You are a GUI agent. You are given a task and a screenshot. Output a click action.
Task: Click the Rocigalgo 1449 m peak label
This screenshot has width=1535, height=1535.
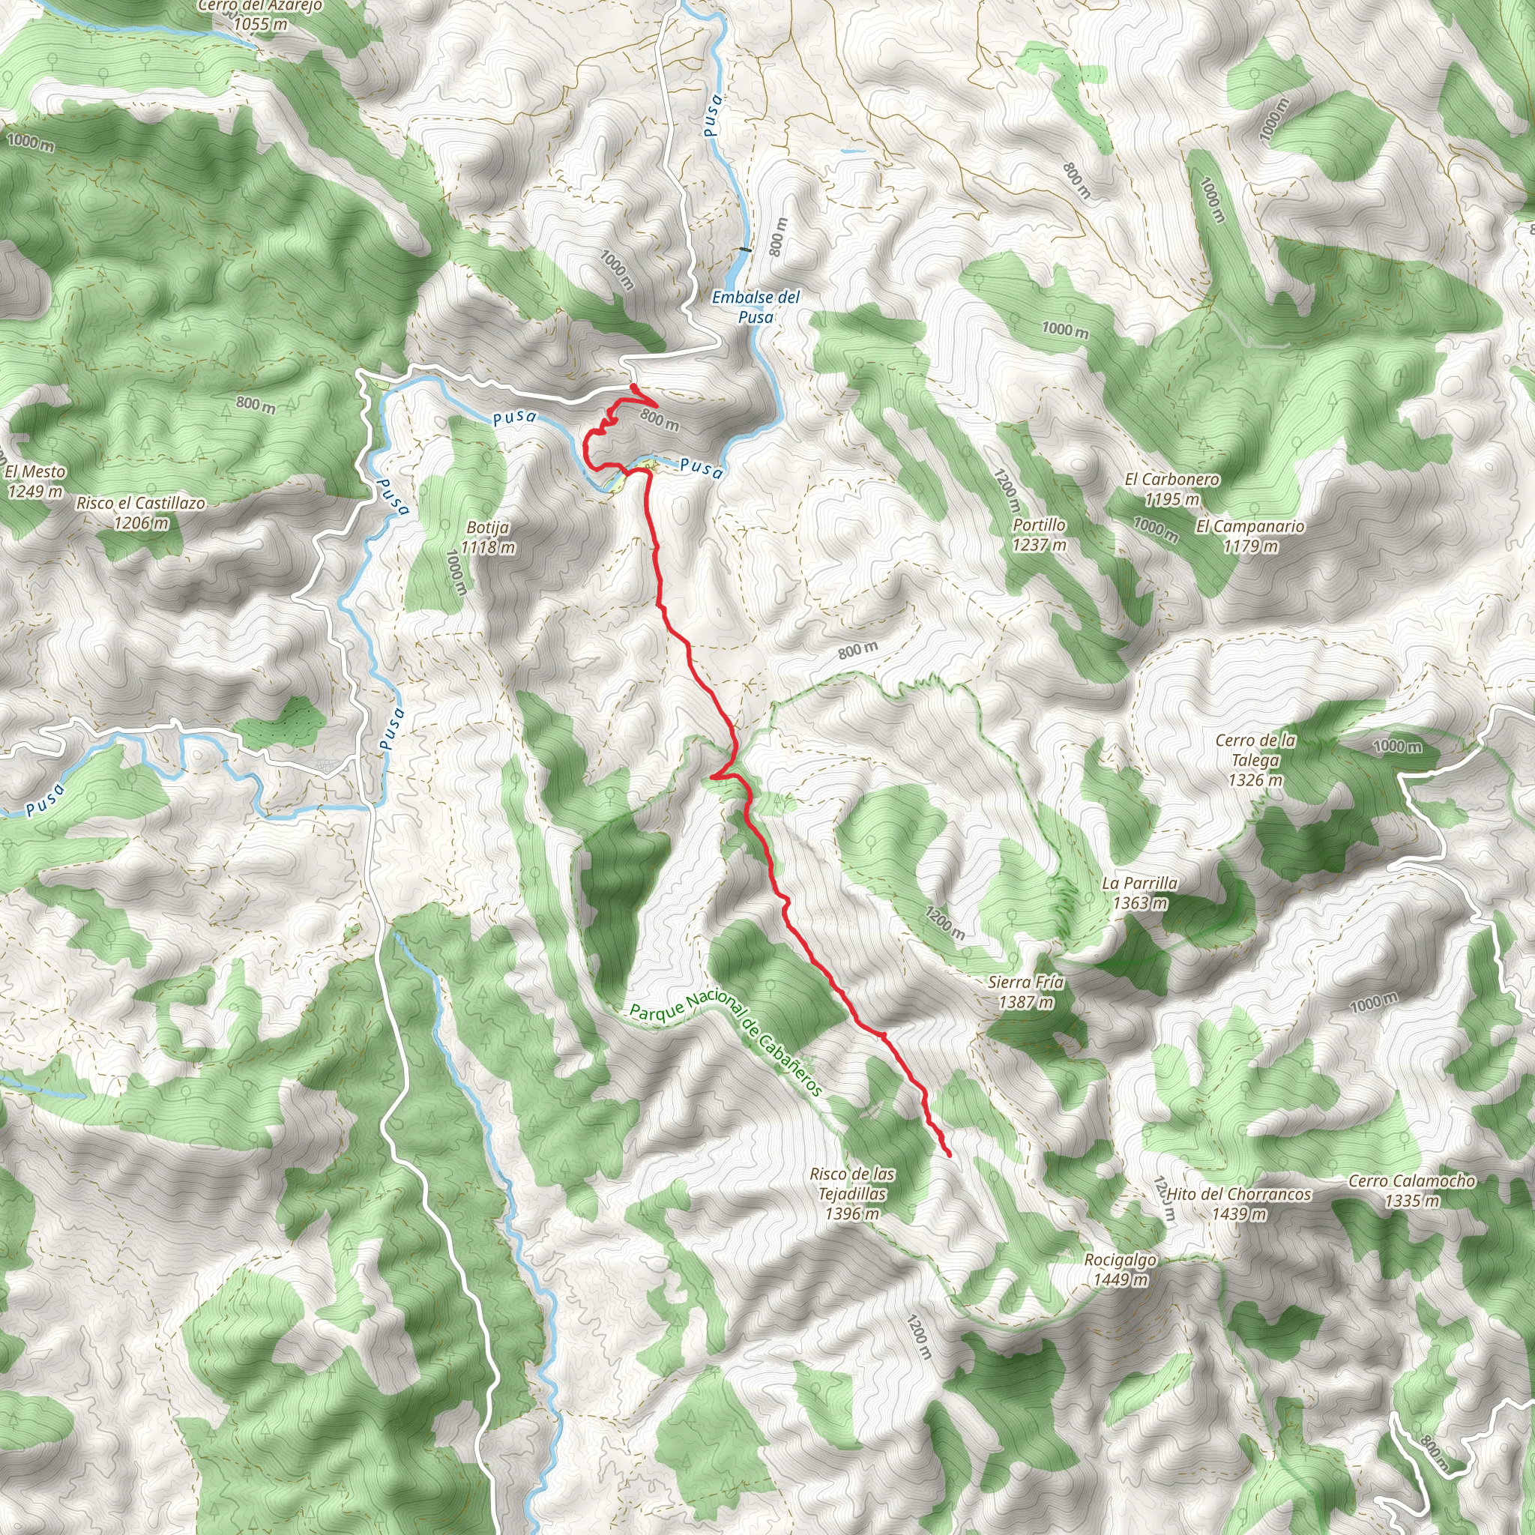pyautogui.click(x=1121, y=1269)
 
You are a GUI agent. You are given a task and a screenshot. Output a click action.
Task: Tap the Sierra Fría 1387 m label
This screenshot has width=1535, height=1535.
pyautogui.click(x=1026, y=992)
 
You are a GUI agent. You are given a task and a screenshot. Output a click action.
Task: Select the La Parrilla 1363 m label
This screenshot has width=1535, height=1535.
pyautogui.click(x=1139, y=893)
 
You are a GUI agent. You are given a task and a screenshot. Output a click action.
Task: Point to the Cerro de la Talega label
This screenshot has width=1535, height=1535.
pyautogui.click(x=1255, y=759)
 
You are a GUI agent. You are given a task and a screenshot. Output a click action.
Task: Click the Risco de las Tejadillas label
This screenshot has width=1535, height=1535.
pyautogui.click(x=851, y=1193)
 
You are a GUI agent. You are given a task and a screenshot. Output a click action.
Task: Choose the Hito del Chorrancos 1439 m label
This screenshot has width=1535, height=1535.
pyautogui.click(x=1239, y=1204)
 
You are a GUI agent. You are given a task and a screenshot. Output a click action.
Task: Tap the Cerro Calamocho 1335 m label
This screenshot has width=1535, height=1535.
pyautogui.click(x=1412, y=1190)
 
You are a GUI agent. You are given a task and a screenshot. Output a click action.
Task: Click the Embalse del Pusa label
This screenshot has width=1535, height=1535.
pyautogui.click(x=756, y=307)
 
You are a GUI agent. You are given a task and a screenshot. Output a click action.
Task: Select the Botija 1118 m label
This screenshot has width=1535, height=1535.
pyautogui.click(x=488, y=537)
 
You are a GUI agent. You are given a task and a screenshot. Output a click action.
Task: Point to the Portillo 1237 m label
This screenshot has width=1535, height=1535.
pyautogui.click(x=1040, y=534)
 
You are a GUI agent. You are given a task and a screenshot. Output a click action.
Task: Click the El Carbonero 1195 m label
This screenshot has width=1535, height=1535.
pyautogui.click(x=1172, y=489)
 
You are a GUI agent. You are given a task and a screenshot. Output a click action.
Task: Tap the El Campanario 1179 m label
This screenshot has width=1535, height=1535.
pyautogui.click(x=1249, y=535)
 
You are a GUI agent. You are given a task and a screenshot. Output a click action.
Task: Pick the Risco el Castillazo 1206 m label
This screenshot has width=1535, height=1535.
pyautogui.click(x=141, y=513)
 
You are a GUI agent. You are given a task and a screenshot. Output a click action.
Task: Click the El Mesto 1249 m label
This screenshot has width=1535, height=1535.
pyautogui.click(x=34, y=480)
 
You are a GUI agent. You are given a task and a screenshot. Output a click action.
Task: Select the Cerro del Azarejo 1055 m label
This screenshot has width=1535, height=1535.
pyautogui.click(x=260, y=14)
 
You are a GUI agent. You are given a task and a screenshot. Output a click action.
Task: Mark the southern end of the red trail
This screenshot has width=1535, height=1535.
pyautogui.click(x=950, y=1154)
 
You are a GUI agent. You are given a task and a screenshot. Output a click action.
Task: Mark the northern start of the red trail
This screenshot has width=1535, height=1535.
pyautogui.click(x=633, y=386)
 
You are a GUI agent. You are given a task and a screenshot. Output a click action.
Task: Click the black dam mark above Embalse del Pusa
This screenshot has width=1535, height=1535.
pyautogui.click(x=744, y=250)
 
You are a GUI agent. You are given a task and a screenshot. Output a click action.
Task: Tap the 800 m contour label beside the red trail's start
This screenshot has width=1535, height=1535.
pyautogui.click(x=660, y=419)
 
